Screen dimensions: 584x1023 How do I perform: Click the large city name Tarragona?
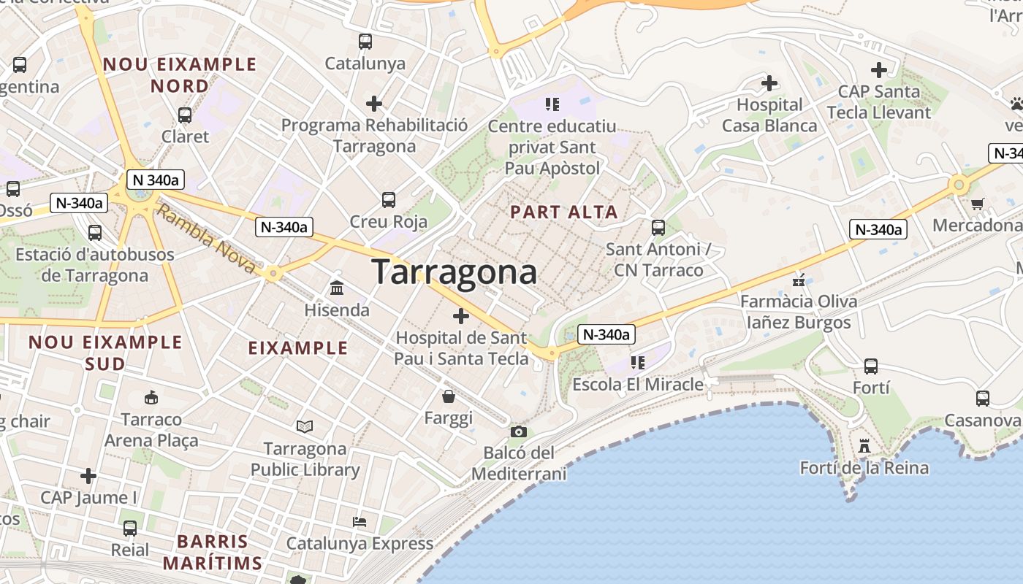[455, 272]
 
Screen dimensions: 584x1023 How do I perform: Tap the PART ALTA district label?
[564, 212]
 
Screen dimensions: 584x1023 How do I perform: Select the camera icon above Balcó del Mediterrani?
[519, 432]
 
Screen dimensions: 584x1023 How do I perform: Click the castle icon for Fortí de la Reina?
[864, 446]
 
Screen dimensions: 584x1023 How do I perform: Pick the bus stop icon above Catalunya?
[365, 42]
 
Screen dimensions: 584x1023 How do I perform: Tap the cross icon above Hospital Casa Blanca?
[769, 83]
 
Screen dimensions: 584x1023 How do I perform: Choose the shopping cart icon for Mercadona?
[977, 204]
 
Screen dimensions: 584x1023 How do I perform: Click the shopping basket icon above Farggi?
[449, 396]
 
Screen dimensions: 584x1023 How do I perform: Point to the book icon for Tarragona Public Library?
[305, 426]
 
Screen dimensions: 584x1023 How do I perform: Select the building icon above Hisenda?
[337, 288]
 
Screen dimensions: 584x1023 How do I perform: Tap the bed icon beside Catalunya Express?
[360, 522]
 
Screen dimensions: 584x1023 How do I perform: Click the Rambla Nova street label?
[206, 239]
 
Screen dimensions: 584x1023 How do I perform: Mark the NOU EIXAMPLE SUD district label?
[105, 353]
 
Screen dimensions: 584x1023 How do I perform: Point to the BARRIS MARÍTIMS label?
[213, 552]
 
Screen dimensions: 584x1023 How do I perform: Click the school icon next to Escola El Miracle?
[638, 362]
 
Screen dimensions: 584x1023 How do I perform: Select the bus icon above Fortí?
[871, 366]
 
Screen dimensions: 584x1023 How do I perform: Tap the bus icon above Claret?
[185, 115]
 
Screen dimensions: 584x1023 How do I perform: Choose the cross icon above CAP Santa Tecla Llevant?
[879, 70]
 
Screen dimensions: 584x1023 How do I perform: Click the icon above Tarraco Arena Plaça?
[151, 398]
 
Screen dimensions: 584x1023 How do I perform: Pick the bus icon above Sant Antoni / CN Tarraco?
[658, 227]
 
